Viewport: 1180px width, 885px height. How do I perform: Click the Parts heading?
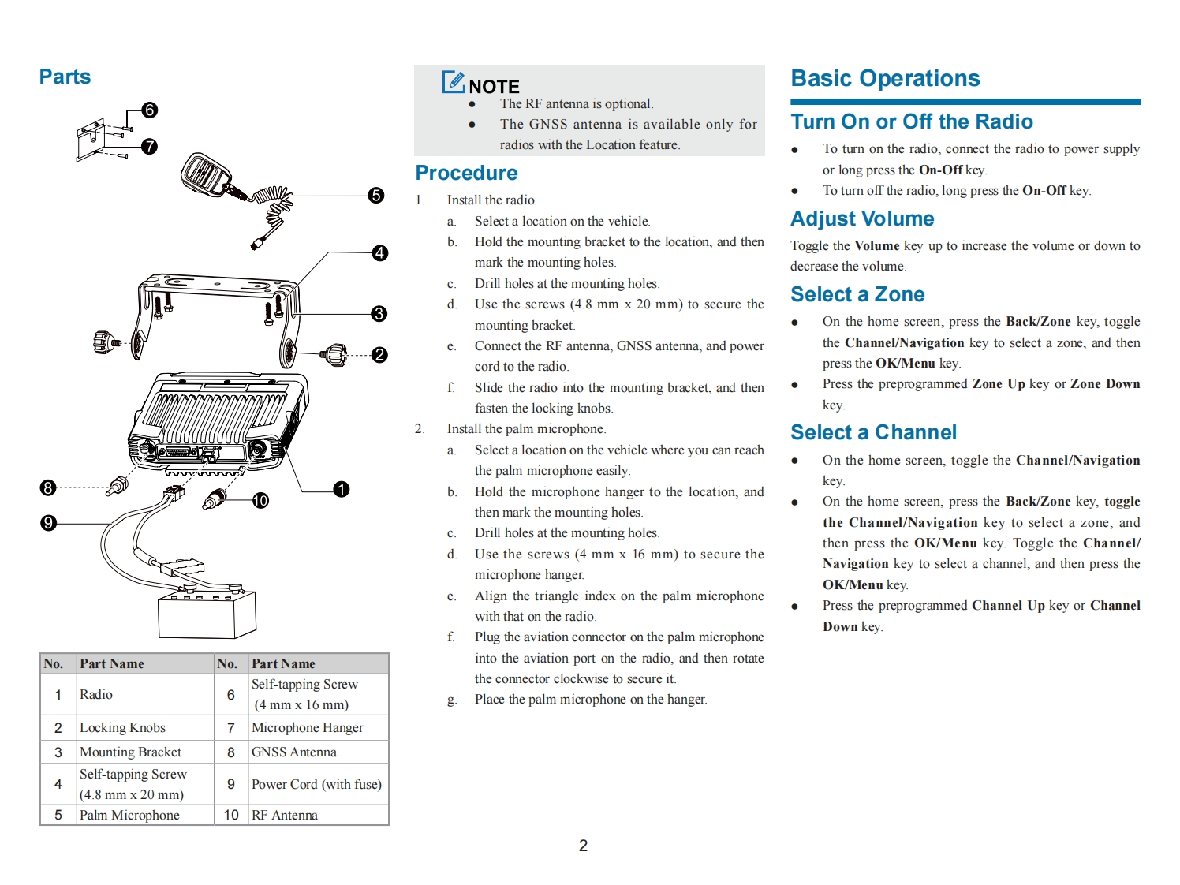tap(65, 77)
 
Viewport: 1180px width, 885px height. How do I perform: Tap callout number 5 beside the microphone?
tap(376, 195)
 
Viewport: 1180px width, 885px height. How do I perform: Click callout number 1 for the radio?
tap(341, 490)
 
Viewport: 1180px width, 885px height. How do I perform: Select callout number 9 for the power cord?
tap(48, 523)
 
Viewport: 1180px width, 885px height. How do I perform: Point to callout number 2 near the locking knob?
tap(379, 355)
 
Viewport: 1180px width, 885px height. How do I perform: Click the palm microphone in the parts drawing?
tap(207, 174)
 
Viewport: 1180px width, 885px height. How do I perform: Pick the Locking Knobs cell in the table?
tap(122, 727)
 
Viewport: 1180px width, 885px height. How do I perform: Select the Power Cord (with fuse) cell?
tap(316, 784)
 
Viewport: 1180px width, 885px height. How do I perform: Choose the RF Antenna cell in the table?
tap(284, 815)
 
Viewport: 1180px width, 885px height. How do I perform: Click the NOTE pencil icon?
tap(454, 82)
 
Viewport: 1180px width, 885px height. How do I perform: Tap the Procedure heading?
tap(466, 173)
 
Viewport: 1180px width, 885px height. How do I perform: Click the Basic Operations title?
tap(885, 78)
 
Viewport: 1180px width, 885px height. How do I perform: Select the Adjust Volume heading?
tap(862, 218)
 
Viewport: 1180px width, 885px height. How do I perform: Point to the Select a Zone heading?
tap(857, 294)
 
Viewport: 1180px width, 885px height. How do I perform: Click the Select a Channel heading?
tap(873, 432)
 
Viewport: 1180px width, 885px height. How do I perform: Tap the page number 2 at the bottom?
tap(583, 846)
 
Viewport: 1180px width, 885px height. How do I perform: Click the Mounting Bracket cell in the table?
tap(130, 752)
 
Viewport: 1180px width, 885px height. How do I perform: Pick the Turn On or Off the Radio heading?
tap(912, 121)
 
